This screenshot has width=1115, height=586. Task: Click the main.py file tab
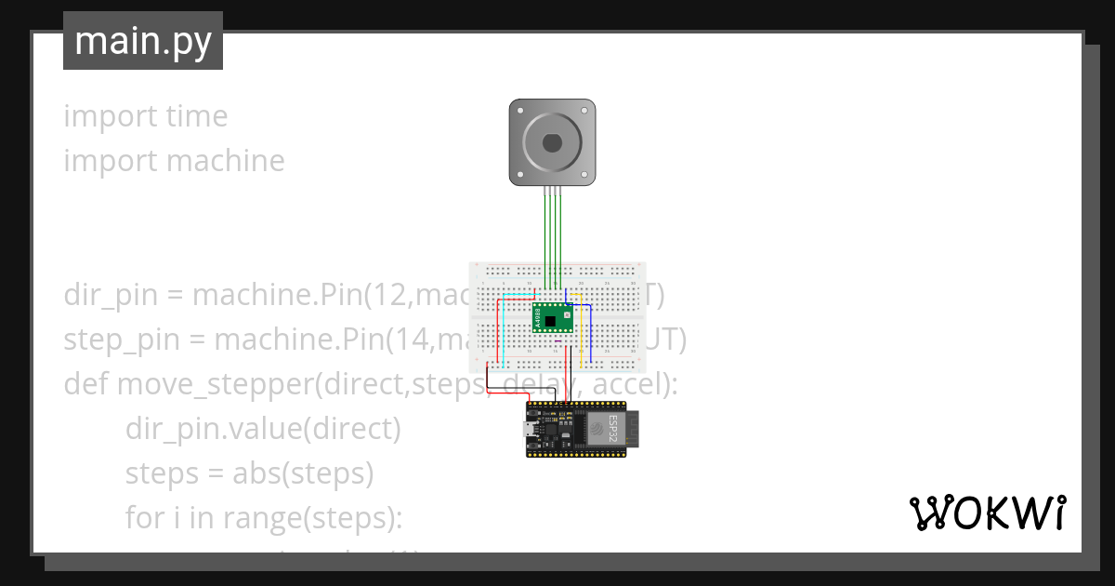(x=143, y=42)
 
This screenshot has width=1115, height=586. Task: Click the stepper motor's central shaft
(x=553, y=142)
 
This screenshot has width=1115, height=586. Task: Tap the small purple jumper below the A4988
(x=558, y=341)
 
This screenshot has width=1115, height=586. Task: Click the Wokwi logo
(x=987, y=513)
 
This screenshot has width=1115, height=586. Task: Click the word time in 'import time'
(x=196, y=116)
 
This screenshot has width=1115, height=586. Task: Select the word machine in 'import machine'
(x=226, y=161)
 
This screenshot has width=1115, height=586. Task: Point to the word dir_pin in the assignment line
(x=110, y=296)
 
